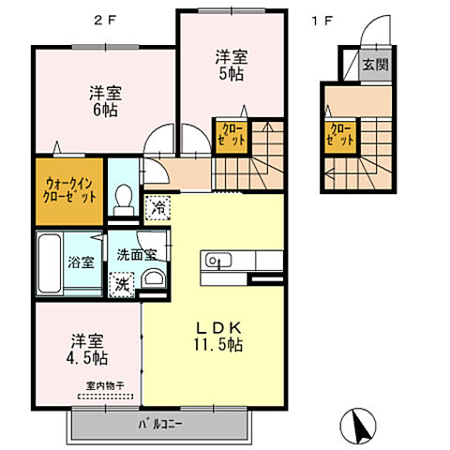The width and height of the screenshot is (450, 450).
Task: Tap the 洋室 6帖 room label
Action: click(108, 101)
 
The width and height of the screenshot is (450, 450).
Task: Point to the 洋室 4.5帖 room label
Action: click(86, 349)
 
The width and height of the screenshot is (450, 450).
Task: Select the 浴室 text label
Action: click(81, 262)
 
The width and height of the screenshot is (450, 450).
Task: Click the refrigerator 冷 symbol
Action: click(157, 205)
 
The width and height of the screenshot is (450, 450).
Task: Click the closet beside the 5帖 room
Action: click(232, 134)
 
